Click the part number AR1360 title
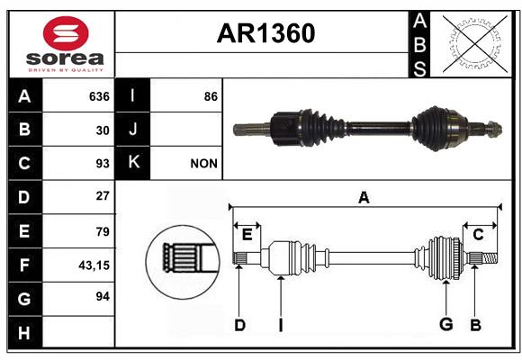click(x=265, y=34)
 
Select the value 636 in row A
click(x=98, y=96)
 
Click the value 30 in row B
click(x=102, y=130)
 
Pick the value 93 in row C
click(x=102, y=164)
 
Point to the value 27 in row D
click(x=102, y=196)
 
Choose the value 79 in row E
click(x=102, y=231)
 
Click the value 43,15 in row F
click(x=94, y=265)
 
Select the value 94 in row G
click(x=102, y=296)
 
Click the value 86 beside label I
click(x=211, y=96)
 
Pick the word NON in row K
click(x=204, y=164)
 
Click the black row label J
click(x=133, y=130)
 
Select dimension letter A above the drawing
click(x=364, y=198)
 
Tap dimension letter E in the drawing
click(x=247, y=235)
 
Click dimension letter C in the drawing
click(x=479, y=234)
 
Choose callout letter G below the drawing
click(x=445, y=324)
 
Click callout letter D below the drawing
click(x=239, y=324)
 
